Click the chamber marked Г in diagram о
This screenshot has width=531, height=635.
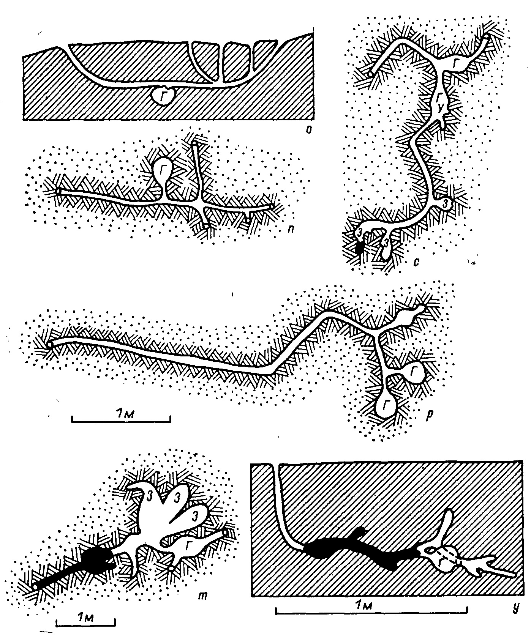click(x=163, y=96)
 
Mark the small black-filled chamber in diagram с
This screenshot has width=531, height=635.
click(x=360, y=247)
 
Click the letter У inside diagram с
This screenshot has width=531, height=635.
click(x=440, y=108)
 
